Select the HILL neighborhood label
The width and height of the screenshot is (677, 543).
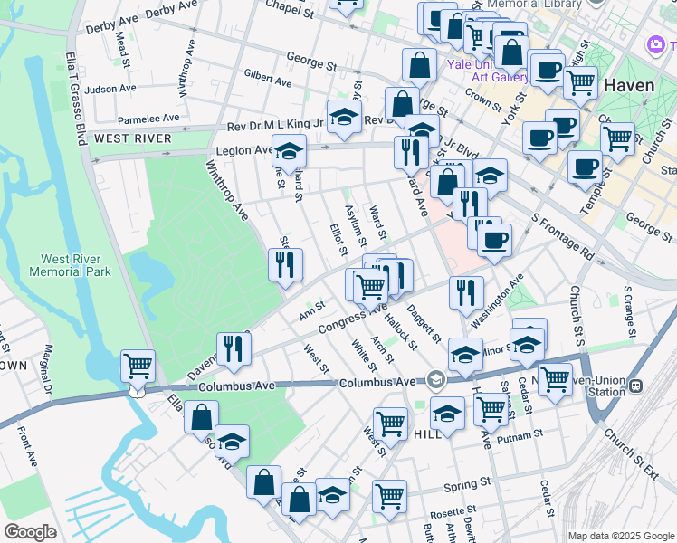pos(427,434)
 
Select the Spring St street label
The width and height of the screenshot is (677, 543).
pos(466,486)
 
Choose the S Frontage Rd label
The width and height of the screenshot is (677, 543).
pos(561,236)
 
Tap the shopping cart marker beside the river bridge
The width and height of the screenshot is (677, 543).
pos(138,366)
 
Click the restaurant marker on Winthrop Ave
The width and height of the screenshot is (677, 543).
pos(285,264)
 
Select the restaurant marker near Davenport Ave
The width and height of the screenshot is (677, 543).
pos(234,348)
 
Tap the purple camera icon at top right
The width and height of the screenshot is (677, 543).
pos(655,44)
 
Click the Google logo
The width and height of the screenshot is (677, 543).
pos(32,531)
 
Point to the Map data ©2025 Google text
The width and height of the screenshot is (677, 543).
pos(620,536)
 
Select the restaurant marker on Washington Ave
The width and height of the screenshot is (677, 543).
pos(464,291)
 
